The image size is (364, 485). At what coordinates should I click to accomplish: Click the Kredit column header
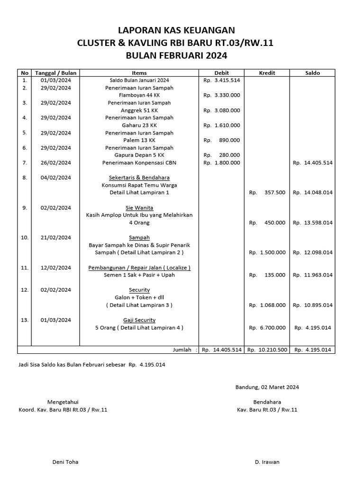[267, 73]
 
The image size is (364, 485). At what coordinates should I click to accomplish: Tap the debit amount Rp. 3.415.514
[221, 80]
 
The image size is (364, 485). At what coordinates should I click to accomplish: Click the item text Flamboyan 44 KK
[139, 95]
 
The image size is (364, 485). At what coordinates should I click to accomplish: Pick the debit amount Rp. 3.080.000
[221, 110]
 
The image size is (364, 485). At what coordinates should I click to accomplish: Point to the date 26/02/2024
[55, 163]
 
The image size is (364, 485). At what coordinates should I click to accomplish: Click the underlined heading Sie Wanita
[139, 208]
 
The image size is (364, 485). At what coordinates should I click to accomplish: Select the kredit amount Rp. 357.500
[267, 193]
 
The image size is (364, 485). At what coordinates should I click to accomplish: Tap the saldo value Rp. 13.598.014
[312, 223]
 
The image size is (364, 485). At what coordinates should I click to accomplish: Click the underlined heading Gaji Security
[139, 320]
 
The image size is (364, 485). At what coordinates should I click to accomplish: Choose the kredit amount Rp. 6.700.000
[267, 327]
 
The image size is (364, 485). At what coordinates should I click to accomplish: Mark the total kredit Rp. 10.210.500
[267, 350]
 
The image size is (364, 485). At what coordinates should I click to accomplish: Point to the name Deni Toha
[65, 462]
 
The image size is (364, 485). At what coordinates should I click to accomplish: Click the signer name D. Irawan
[267, 462]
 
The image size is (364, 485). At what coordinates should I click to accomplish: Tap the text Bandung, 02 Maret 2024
[267, 387]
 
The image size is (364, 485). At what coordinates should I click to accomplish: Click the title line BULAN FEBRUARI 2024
[176, 55]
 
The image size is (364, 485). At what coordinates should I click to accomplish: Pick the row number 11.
[25, 268]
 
